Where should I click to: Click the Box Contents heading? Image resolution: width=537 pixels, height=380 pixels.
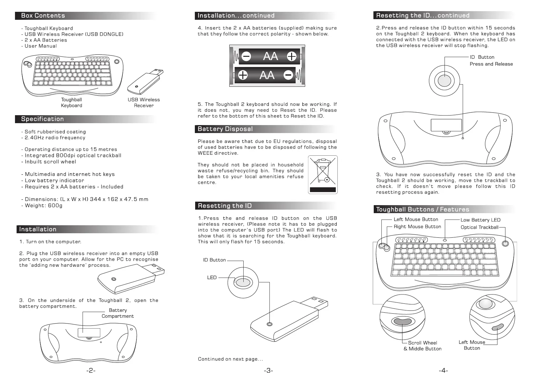(43, 16)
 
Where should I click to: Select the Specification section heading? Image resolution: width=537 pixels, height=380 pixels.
(42, 119)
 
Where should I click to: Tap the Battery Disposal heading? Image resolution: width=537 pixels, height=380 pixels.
(225, 129)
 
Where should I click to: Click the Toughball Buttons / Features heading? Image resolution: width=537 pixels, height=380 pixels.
(423, 209)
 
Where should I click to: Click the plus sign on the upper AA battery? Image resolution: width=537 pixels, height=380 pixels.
(291, 56)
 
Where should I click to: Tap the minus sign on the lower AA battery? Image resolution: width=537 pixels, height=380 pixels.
(288, 75)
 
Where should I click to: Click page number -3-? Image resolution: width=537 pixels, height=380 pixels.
(268, 371)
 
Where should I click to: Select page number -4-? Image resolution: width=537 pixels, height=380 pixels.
(443, 371)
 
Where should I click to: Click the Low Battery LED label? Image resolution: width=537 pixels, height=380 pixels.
(481, 220)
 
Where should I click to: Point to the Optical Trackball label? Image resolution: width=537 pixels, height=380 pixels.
(479, 227)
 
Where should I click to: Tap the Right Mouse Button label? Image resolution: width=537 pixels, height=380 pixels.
(417, 227)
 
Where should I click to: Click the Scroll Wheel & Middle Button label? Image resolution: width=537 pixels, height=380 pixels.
(423, 346)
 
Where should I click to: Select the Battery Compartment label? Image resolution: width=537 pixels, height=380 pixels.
(117, 313)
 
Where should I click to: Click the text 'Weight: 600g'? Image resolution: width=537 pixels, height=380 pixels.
(43, 205)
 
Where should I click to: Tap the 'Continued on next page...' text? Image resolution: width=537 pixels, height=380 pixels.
(230, 359)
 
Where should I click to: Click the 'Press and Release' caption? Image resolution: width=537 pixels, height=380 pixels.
(491, 64)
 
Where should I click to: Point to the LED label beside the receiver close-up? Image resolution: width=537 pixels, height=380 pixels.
(212, 278)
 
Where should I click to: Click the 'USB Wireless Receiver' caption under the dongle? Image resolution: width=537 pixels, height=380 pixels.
(143, 103)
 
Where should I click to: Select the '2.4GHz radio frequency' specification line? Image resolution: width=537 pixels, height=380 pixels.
(55, 138)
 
